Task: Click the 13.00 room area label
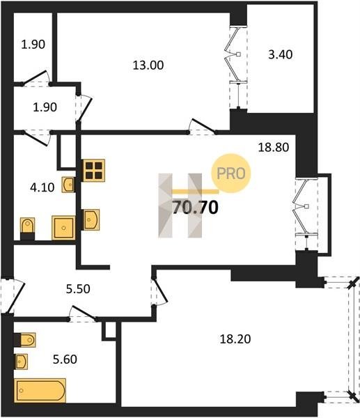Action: (148, 65)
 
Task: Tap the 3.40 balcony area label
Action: (281, 54)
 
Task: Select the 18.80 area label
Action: (274, 147)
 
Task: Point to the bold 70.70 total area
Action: (196, 208)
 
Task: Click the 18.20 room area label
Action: (235, 339)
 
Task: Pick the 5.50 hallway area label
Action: (78, 289)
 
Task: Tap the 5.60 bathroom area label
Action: (65, 359)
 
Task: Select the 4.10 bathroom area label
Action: (42, 187)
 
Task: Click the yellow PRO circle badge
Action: (231, 173)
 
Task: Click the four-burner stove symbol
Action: (94, 171)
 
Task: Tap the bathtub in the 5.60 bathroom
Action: (40, 391)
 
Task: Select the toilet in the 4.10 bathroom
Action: (27, 229)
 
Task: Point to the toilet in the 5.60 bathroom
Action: (24, 340)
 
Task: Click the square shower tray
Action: (63, 228)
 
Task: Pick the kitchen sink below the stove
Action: (91, 220)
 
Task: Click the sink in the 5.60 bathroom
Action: (21, 362)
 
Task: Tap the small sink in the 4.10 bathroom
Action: (68, 185)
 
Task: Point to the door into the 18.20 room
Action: (159, 292)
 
